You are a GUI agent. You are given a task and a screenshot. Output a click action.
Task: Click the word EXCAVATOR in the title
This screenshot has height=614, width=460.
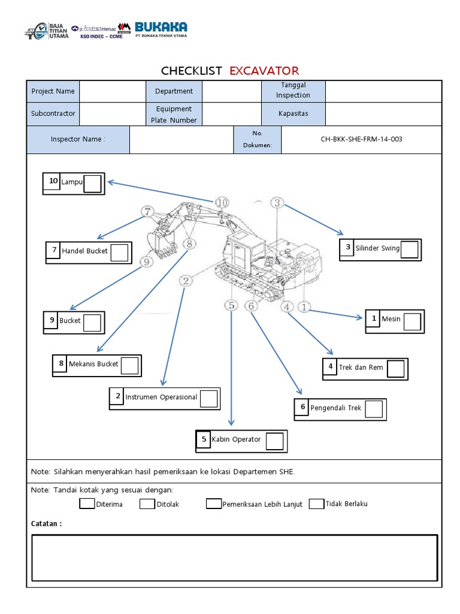[x=264, y=71]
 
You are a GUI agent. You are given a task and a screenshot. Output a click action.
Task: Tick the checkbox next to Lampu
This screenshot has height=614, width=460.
[x=92, y=183]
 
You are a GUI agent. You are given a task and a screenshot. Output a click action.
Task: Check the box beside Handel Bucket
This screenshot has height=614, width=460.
[x=120, y=253]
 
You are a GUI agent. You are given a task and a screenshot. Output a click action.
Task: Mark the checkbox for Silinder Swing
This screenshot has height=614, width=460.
[x=409, y=249]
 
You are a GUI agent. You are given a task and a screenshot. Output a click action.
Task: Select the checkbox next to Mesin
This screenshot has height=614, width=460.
[x=412, y=321]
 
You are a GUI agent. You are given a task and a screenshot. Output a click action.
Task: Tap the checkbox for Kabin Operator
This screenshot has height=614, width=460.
[x=274, y=441]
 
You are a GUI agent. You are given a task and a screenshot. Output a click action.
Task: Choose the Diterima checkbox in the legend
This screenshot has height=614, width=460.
[x=87, y=504]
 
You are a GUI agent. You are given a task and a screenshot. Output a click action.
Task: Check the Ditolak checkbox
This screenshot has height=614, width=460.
[x=147, y=504]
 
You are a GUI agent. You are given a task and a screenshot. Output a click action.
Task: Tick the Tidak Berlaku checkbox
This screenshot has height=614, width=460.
[x=316, y=504]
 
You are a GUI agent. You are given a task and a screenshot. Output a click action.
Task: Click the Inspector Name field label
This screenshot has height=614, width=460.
[x=78, y=139]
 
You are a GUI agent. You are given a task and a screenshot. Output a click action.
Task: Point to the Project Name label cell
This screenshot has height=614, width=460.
[x=53, y=91]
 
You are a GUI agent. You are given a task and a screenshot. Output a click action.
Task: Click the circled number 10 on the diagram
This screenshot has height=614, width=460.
[x=222, y=203]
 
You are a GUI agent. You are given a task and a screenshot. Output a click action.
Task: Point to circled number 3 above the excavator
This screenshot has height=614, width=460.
[x=277, y=203]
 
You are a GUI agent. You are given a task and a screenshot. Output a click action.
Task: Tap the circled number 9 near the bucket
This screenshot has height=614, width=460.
[x=146, y=261]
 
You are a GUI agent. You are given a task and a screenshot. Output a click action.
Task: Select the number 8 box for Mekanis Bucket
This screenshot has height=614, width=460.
[x=60, y=363]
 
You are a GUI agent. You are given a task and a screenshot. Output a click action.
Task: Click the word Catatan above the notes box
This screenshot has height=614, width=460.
[x=46, y=523]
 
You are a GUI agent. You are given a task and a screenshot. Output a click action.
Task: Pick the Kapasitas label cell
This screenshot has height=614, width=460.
[x=293, y=113]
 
